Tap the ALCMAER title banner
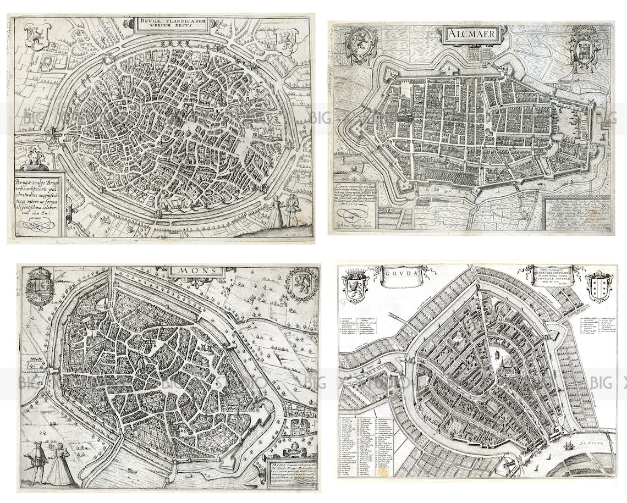tap(471, 35)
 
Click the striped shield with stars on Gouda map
tap(598, 286)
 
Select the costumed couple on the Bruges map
tap(283, 212)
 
